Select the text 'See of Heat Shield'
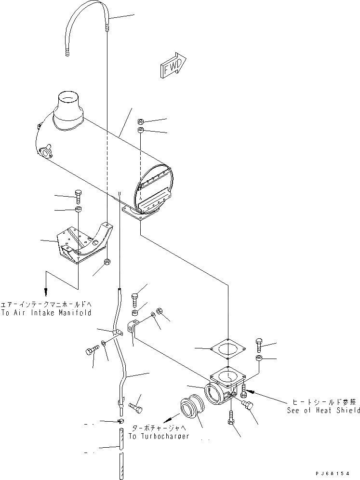(323, 410)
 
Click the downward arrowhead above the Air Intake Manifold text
(47, 292)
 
